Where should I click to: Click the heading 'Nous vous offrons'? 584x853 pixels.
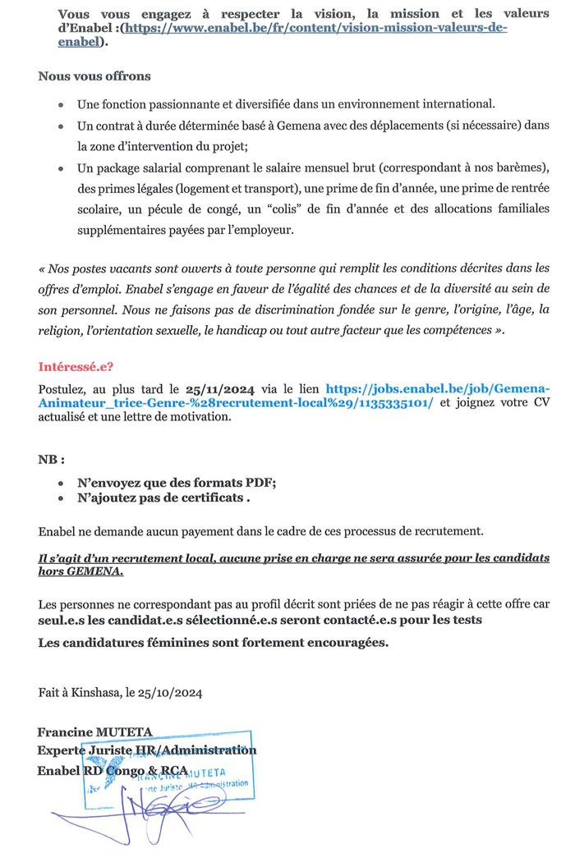click(94, 76)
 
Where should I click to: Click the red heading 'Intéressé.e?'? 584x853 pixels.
click(76, 367)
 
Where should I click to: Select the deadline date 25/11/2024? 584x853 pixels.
click(220, 388)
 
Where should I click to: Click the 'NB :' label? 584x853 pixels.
click(52, 459)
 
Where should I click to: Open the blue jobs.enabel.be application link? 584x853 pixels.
click(437, 388)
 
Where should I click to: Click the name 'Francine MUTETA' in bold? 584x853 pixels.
click(95, 732)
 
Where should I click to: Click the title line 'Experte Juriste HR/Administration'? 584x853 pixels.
click(147, 750)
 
